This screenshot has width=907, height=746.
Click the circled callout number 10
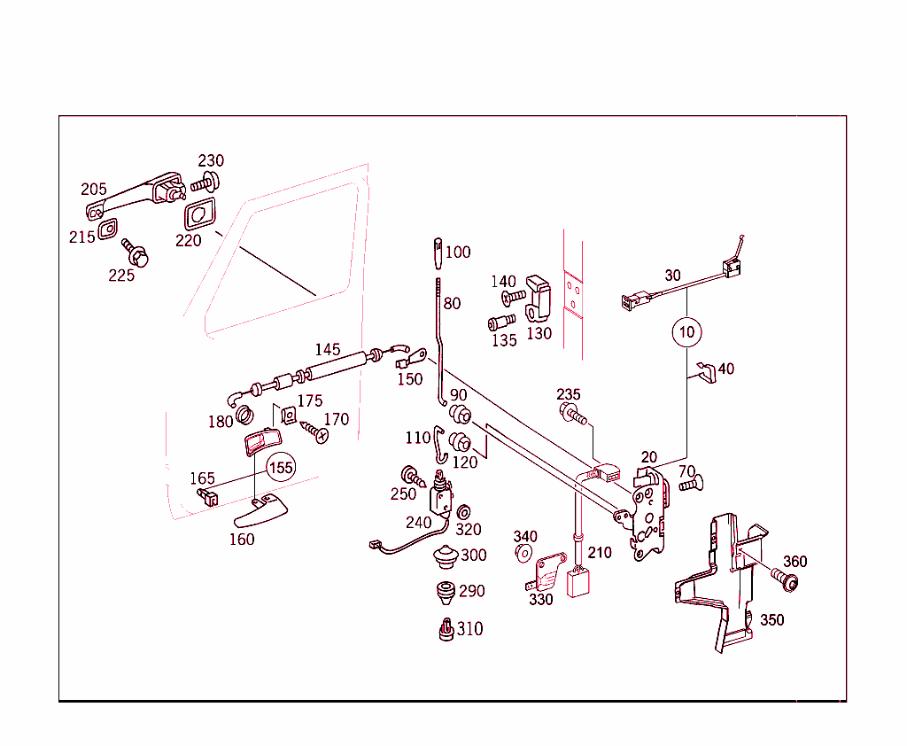[687, 332]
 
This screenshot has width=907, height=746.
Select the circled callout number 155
[280, 467]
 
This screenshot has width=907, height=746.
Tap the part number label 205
[94, 189]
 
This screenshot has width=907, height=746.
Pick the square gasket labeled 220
[200, 214]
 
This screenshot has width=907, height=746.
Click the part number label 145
[328, 349]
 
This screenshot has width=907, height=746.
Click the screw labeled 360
[783, 580]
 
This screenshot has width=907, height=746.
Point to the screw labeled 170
[314, 431]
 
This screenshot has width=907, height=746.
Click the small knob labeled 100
[438, 251]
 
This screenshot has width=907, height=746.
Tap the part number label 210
[600, 553]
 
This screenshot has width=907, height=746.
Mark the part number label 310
[470, 629]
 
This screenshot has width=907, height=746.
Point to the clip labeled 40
[705, 370]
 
